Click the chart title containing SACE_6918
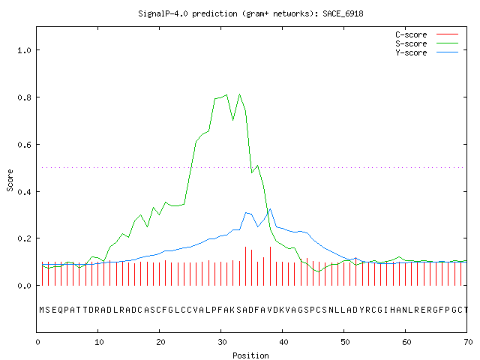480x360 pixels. click(250, 13)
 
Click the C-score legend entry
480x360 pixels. click(427, 34)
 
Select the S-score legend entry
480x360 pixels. click(427, 43)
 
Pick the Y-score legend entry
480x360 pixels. click(427, 52)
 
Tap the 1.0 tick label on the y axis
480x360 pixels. click(24, 50)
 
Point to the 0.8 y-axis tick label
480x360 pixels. click(24, 97)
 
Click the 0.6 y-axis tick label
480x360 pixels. click(24, 145)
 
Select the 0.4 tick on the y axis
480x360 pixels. click(24, 192)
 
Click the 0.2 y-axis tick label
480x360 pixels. click(24, 238)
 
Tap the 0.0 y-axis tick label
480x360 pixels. click(24, 286)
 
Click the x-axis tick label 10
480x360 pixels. click(98, 342)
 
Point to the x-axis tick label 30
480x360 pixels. click(222, 342)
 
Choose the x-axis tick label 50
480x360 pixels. click(345, 342)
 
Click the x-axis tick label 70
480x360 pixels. click(468, 342)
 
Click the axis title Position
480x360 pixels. click(250, 355)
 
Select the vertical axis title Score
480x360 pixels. click(10, 180)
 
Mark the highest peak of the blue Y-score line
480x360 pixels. click(270, 209)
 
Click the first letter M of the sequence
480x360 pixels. click(42, 310)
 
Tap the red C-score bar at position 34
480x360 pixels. click(245, 266)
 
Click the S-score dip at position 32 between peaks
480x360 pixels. click(233, 120)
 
